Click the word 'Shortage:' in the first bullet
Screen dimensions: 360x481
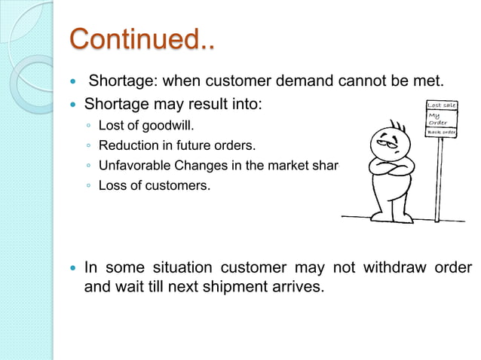point(121,81)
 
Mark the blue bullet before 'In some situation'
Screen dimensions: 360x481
point(72,269)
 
